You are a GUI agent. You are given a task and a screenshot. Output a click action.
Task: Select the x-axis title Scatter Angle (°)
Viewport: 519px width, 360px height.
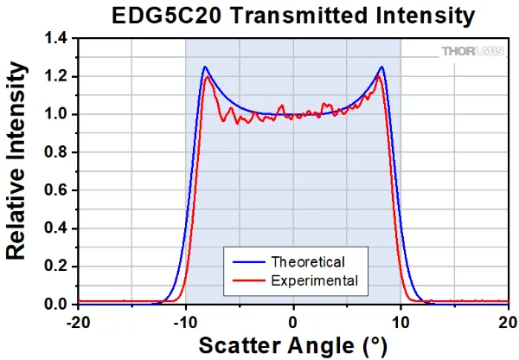click(292, 345)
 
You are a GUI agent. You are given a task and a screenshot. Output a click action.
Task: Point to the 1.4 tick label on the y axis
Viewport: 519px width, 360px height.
click(55, 39)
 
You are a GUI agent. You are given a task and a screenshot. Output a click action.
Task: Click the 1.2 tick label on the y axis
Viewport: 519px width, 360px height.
click(55, 77)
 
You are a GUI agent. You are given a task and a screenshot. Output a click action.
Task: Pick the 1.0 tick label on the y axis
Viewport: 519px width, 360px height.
click(55, 115)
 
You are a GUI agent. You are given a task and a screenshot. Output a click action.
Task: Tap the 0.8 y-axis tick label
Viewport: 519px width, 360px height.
click(55, 153)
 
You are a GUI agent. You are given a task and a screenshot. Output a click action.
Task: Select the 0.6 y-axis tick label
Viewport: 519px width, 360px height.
click(55, 191)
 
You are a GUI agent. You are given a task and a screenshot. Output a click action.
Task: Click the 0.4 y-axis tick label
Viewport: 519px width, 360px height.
click(55, 229)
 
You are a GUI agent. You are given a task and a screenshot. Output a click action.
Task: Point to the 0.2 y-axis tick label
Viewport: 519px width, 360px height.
click(55, 267)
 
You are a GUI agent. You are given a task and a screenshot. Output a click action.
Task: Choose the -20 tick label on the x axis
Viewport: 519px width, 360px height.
click(78, 320)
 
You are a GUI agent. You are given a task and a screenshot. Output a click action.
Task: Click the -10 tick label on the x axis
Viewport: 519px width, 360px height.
click(185, 320)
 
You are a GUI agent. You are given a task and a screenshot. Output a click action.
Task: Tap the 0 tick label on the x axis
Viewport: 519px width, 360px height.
click(293, 320)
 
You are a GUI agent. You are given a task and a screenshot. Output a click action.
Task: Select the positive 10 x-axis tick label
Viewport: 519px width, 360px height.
click(400, 320)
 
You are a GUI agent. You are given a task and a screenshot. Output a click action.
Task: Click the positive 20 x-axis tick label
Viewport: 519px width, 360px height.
click(507, 320)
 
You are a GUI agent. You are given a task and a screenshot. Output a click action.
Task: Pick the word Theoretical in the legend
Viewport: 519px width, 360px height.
click(308, 261)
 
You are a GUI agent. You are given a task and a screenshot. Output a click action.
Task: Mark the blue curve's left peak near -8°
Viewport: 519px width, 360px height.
click(205, 67)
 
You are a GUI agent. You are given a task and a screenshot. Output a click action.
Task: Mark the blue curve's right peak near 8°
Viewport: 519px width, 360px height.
click(381, 67)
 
